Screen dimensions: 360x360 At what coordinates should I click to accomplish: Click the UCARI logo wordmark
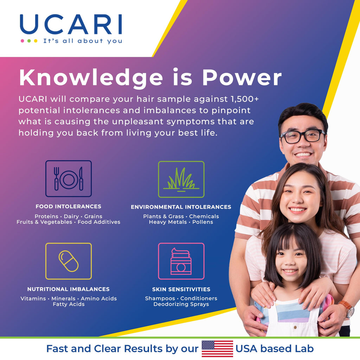coord(71,24)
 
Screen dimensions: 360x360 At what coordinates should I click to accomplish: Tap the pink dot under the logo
coord(22,41)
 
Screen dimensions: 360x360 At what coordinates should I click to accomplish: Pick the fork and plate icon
coord(69,179)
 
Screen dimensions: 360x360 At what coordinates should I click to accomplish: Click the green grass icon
coord(181,179)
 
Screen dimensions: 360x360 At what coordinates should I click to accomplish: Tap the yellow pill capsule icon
coord(69,261)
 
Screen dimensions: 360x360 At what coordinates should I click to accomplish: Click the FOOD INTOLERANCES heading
coord(69,207)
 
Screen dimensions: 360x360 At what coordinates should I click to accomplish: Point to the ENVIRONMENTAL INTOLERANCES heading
coord(181,207)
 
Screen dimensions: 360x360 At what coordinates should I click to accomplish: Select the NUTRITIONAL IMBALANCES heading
coord(69,289)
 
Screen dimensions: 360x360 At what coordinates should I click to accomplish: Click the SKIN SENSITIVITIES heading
coord(181,289)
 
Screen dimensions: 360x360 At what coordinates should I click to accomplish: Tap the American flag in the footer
coord(218,349)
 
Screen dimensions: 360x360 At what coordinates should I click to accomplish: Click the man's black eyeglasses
coord(303,136)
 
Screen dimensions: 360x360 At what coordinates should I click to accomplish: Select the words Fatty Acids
coord(69,304)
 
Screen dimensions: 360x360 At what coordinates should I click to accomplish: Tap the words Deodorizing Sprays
coord(181,304)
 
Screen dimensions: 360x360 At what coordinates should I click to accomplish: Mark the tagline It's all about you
coord(83,41)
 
